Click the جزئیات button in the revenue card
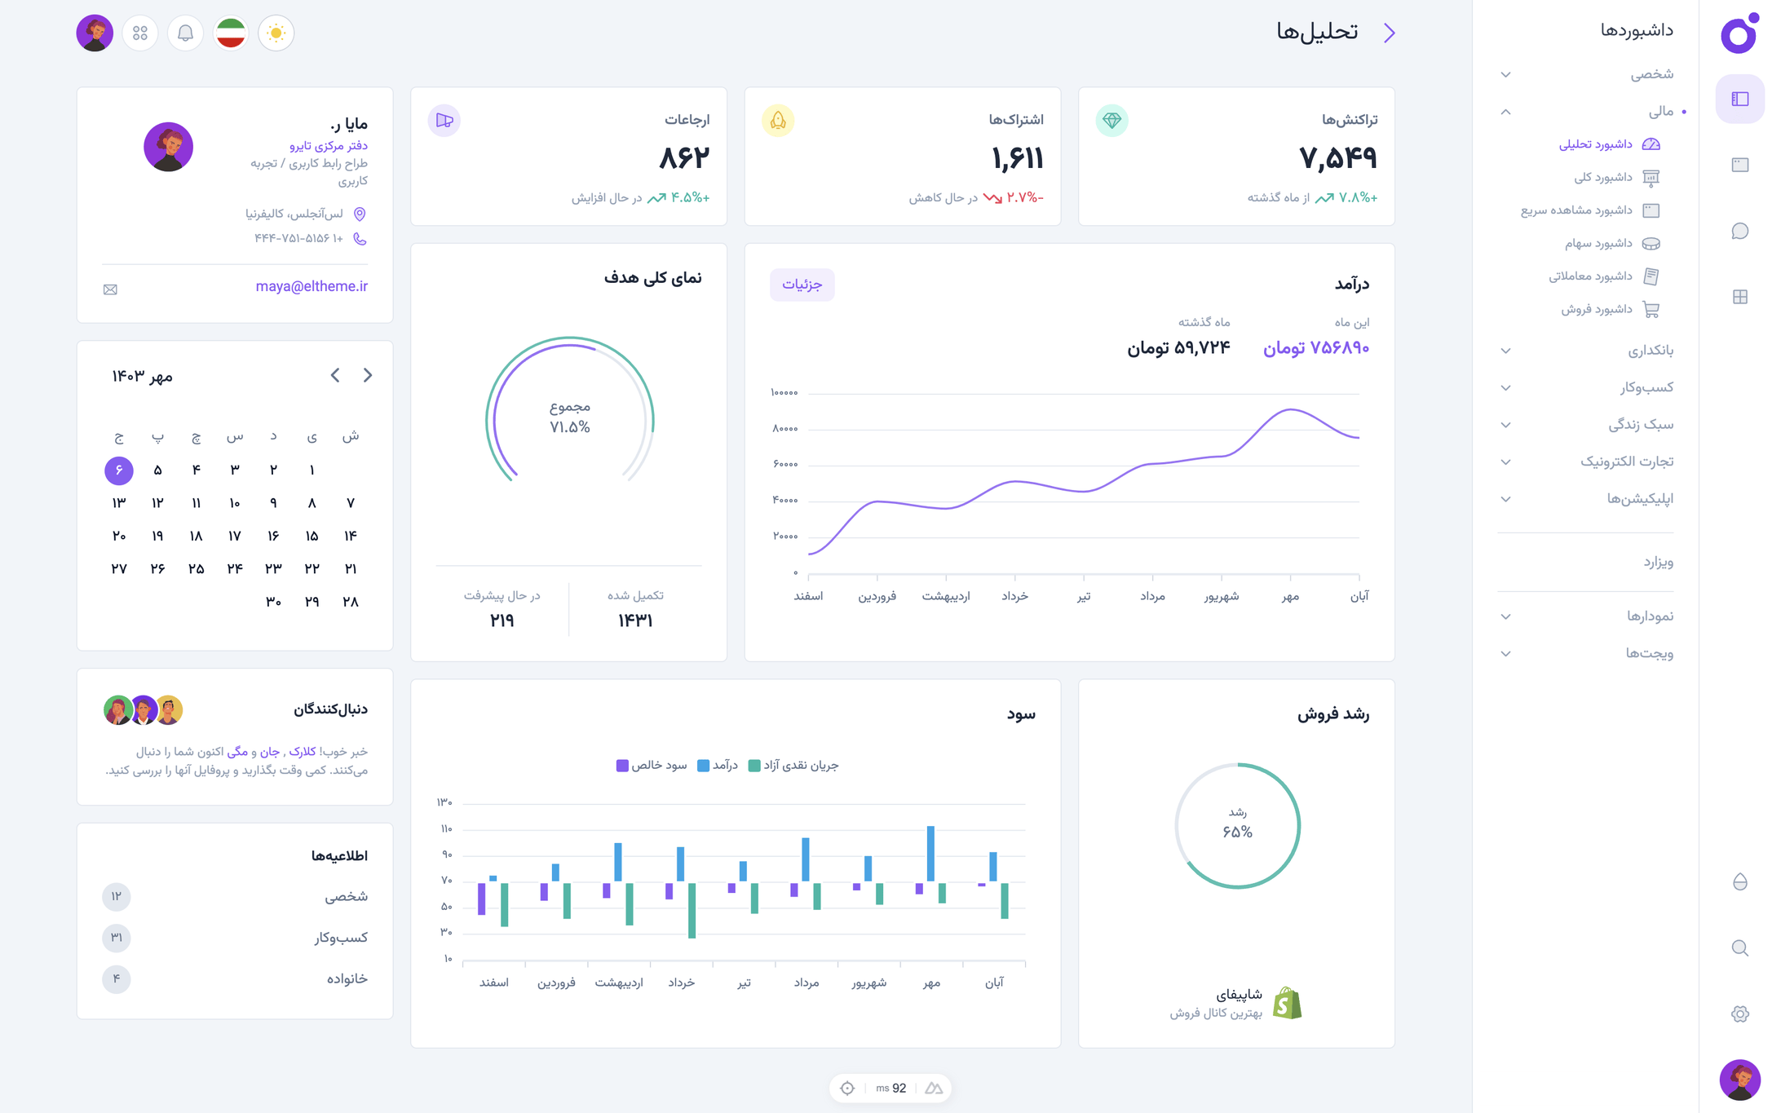pyautogui.click(x=802, y=285)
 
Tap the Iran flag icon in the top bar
pyautogui.click(x=231, y=33)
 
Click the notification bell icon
pyautogui.click(x=185, y=33)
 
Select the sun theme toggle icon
pyautogui.click(x=276, y=33)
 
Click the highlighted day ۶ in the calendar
pyautogui.click(x=119, y=470)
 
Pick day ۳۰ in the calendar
pyautogui.click(x=273, y=602)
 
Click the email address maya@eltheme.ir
pyautogui.click(x=312, y=286)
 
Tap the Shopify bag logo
pyautogui.click(x=1287, y=1003)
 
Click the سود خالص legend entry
pyautogui.click(x=652, y=766)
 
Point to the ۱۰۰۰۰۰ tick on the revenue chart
pyautogui.click(x=784, y=393)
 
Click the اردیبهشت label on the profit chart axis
pyautogui.click(x=619, y=983)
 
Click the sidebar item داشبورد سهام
pyautogui.click(x=1598, y=244)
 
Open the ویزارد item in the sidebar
pyautogui.click(x=1658, y=563)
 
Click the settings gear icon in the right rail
pyautogui.click(x=1739, y=1014)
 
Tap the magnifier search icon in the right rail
pyautogui.click(x=1739, y=948)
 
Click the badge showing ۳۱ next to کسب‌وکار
pyautogui.click(x=117, y=938)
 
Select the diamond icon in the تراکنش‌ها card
pyautogui.click(x=1111, y=121)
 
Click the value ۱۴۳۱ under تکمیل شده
pyautogui.click(x=635, y=621)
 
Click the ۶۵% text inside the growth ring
pyautogui.click(x=1237, y=832)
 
